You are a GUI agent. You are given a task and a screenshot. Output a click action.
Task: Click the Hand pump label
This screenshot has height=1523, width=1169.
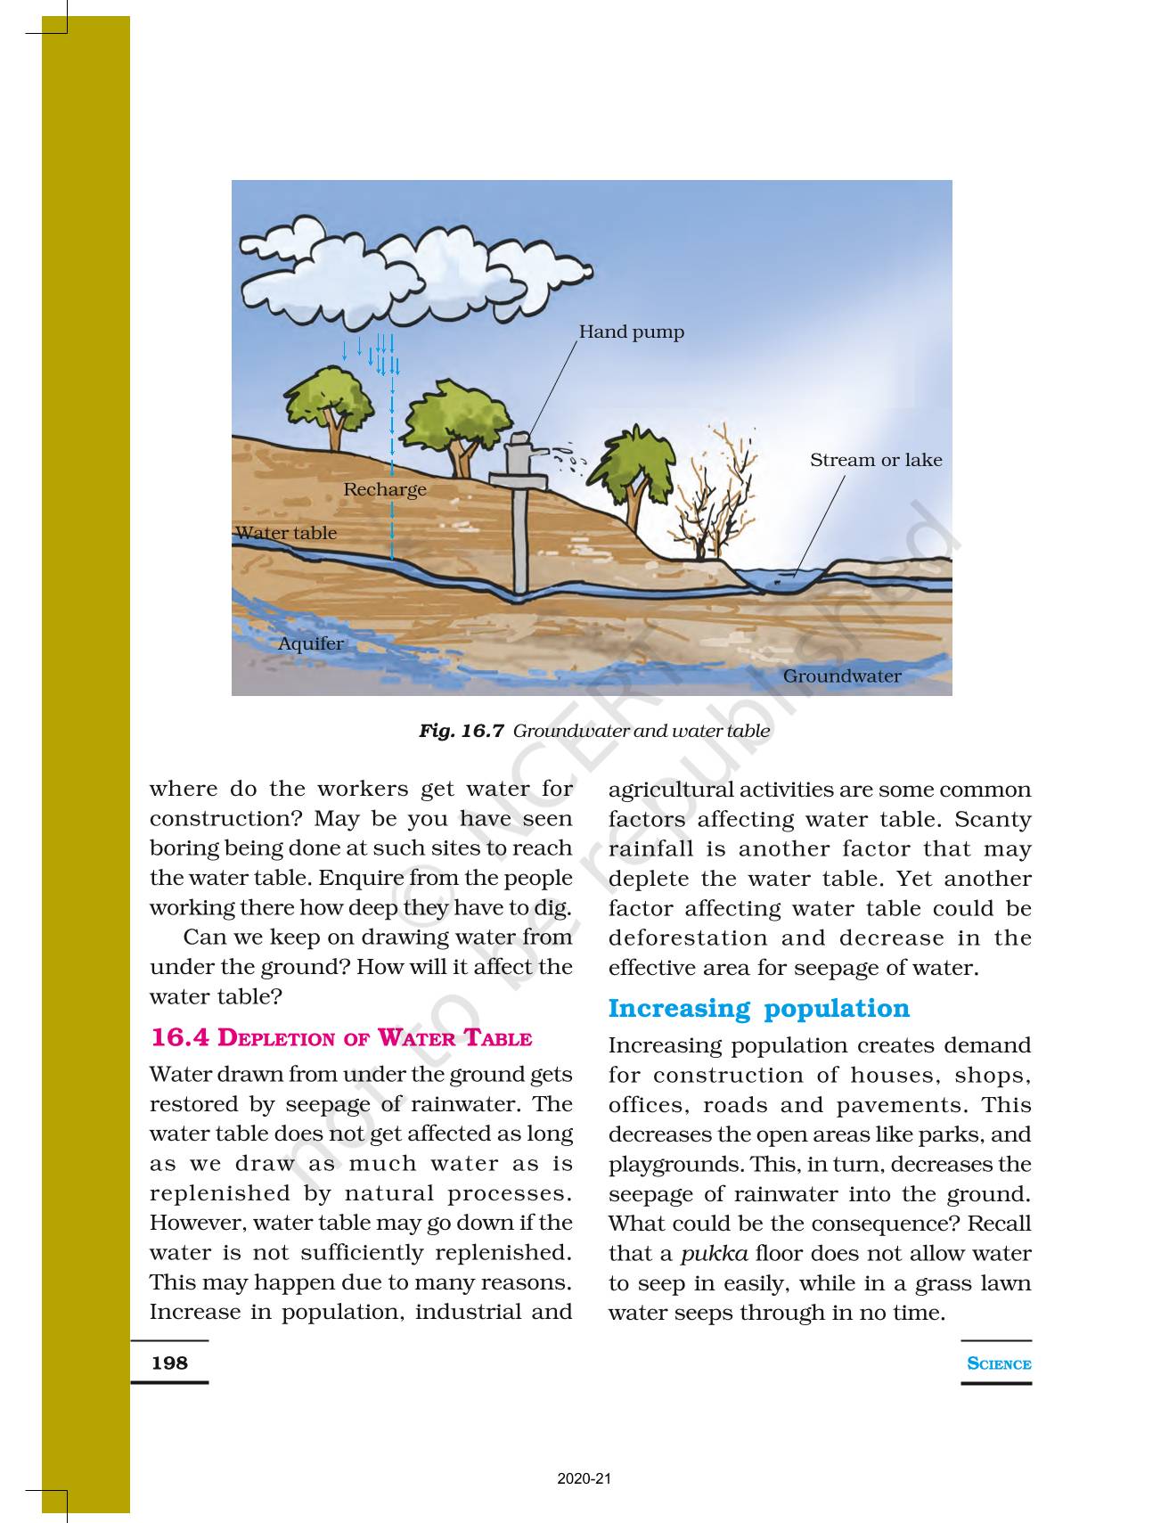coord(631,332)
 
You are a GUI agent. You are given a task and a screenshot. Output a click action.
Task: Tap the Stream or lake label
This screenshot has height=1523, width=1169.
coord(875,460)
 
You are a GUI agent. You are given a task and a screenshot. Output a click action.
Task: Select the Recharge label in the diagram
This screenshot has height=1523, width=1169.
coord(385,489)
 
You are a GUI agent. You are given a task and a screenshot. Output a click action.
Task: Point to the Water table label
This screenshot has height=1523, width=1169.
coord(286,533)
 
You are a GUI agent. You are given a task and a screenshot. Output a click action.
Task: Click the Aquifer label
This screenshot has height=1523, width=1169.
coord(310,643)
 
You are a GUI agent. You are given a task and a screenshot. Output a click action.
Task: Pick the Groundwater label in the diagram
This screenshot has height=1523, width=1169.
coord(841,676)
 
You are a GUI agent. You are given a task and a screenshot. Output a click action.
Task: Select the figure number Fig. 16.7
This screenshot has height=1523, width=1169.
coord(462,732)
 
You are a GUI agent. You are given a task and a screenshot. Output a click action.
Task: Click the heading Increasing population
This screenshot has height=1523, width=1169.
coord(758,1008)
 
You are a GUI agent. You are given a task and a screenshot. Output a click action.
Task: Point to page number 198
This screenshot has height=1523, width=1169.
coord(169,1363)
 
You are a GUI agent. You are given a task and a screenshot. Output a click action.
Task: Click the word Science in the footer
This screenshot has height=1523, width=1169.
coord(999,1363)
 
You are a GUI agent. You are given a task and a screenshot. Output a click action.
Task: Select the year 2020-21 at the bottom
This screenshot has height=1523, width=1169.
coord(584,1479)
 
